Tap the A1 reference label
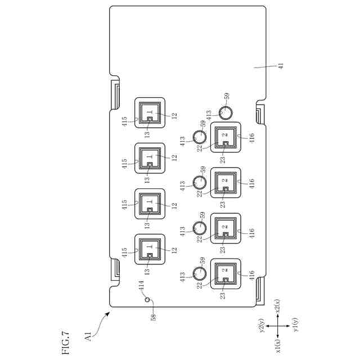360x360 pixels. click(89, 337)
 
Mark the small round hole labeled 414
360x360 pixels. click(148, 300)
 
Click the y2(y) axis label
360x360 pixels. click(262, 327)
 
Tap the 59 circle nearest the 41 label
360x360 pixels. click(224, 113)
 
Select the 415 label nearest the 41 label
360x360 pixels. click(124, 119)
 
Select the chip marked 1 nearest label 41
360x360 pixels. click(150, 113)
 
